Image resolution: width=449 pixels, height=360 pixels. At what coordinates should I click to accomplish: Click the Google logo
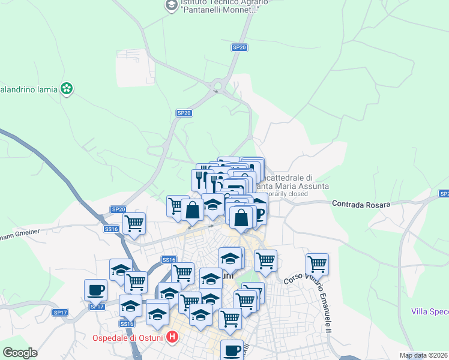20,353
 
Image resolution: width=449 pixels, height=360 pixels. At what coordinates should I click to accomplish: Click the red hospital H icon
172,337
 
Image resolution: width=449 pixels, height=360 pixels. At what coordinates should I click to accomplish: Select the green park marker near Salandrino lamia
67,89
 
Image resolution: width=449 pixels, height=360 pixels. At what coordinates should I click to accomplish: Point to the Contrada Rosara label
361,205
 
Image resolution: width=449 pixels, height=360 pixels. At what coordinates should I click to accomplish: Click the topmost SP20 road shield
239,47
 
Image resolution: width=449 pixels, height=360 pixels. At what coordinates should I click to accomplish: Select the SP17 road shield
60,312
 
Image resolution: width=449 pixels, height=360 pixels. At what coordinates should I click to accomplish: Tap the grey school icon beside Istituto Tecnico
171,5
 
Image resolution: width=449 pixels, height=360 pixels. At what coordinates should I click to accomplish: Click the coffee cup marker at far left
95,290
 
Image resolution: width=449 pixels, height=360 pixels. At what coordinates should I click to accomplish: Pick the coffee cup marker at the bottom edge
232,350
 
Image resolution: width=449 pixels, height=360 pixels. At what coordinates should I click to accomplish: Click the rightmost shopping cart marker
317,263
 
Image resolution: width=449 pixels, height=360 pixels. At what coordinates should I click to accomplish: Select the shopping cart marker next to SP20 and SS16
134,223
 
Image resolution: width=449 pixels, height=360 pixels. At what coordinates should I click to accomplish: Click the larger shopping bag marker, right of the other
241,217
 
